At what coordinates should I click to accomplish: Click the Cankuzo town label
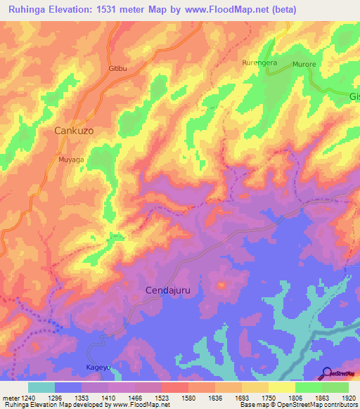coord(74,131)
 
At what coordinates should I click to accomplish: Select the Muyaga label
coord(71,160)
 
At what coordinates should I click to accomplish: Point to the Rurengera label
coord(259,63)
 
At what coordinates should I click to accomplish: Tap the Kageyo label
coord(98,368)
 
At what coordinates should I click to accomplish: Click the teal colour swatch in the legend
coord(41,387)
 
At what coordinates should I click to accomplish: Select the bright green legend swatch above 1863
coord(308,387)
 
